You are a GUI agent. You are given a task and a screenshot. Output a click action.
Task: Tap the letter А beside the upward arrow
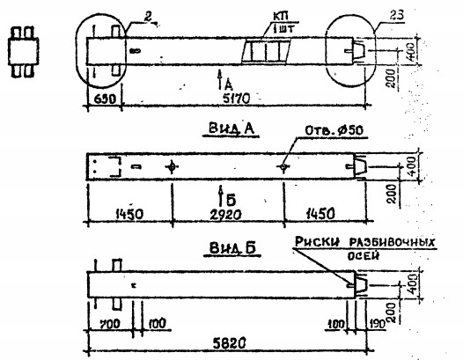tap(228, 84)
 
